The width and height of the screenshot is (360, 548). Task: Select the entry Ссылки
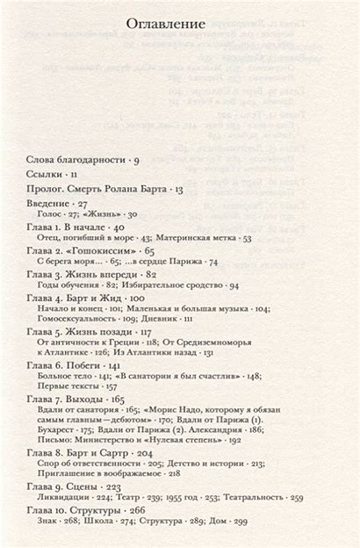click(52, 175)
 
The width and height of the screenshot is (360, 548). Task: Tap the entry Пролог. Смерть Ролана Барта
click(105, 189)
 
